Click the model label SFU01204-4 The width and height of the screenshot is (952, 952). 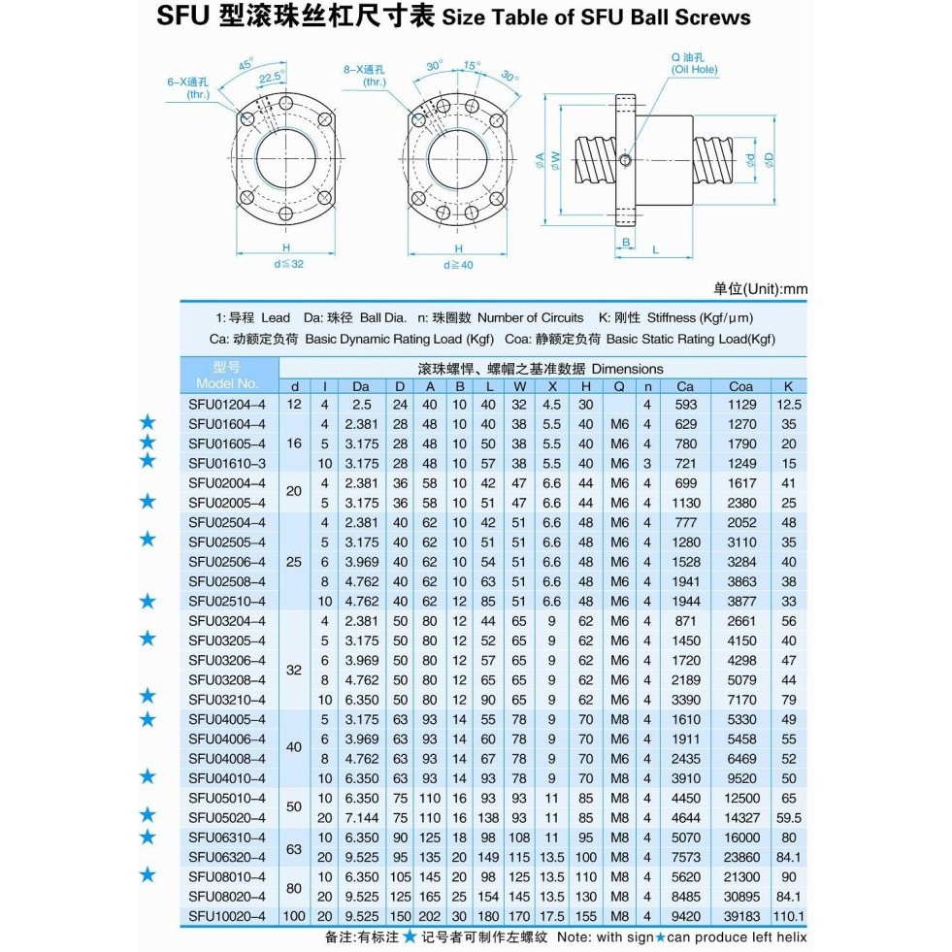point(226,405)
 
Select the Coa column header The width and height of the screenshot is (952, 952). point(740,386)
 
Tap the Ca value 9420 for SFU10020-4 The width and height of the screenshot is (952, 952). point(685,916)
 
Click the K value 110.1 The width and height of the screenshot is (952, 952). point(789,916)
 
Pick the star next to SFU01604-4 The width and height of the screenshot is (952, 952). point(148,422)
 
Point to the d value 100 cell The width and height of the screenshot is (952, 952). point(294,916)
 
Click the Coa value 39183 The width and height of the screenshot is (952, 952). point(741,916)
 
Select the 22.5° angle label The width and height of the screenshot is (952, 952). point(272,77)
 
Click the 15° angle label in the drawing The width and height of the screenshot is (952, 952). point(472,66)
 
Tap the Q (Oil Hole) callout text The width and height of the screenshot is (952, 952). point(693,63)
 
